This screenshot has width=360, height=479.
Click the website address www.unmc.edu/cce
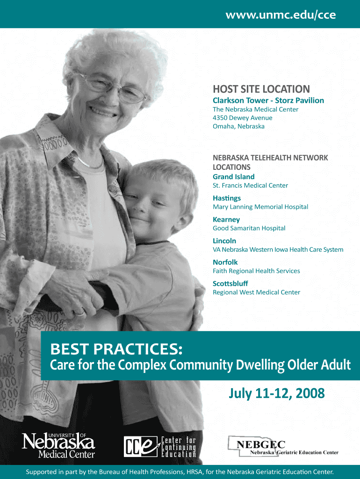coord(281,15)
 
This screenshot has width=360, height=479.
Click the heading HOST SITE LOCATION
coord(261,89)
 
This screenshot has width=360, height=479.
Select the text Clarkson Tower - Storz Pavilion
coord(268,100)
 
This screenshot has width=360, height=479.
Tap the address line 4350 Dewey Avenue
coord(243,117)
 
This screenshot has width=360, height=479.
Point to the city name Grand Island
coord(234,176)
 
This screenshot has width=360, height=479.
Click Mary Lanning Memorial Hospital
coord(260,207)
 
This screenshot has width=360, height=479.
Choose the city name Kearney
coord(226,220)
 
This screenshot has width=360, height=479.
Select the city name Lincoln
coord(224,241)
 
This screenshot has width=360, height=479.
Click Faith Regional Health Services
coord(257,271)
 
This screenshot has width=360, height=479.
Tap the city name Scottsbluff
coord(230,283)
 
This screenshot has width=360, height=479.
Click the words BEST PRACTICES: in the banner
coord(116,349)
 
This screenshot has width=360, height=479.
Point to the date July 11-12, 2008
coord(277,393)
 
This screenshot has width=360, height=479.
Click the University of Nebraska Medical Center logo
coord(58,445)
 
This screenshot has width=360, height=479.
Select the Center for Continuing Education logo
coord(160,447)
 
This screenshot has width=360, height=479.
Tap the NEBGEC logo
coord(283,446)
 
